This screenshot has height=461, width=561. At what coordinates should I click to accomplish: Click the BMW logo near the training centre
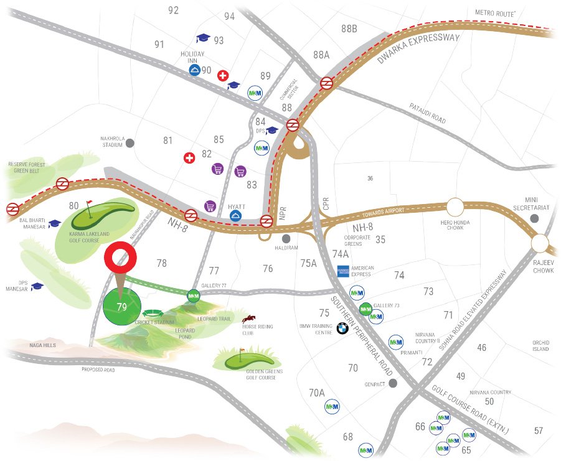342,328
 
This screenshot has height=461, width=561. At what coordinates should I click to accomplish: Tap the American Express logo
344,271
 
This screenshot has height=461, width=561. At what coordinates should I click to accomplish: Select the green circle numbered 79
122,306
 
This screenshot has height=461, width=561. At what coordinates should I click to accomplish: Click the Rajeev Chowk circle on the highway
541,244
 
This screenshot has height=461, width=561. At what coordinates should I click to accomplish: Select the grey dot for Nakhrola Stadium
130,143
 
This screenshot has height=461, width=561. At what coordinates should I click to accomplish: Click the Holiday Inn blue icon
195,70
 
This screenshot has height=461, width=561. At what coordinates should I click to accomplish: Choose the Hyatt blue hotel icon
236,216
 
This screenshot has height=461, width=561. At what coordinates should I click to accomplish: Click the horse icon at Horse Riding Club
255,319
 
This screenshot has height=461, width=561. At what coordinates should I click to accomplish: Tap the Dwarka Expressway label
418,49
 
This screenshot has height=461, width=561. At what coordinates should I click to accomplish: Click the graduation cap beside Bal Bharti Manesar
54,223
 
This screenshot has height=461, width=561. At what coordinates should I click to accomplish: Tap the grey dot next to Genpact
393,383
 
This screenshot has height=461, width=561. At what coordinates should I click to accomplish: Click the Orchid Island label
540,345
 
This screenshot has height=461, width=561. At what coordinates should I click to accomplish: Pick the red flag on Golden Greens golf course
243,352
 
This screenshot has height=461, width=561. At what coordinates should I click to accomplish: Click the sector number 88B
349,29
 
